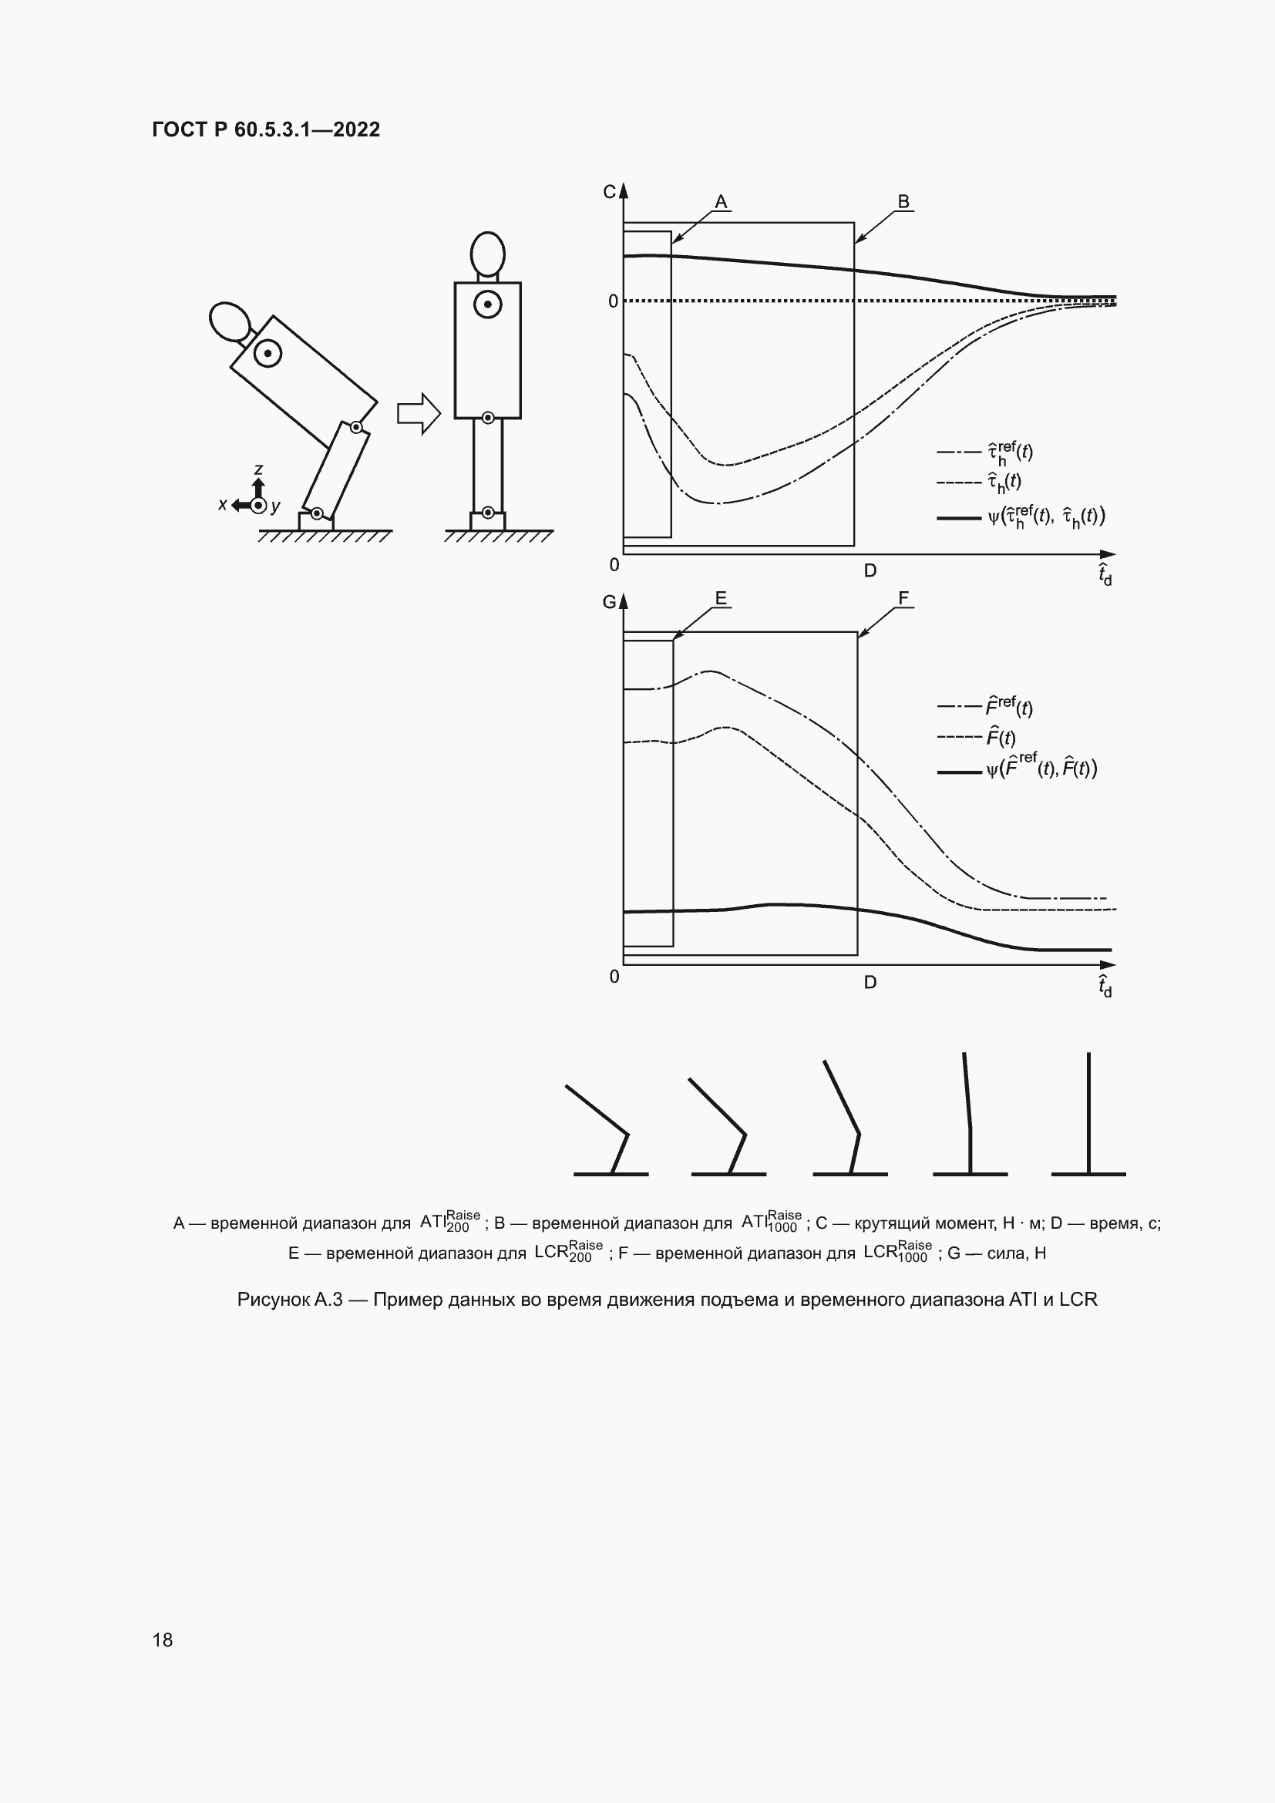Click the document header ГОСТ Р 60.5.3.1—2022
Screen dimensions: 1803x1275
tap(265, 130)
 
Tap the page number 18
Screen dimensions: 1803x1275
tap(163, 1639)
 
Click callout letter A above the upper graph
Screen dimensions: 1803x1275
tap(721, 202)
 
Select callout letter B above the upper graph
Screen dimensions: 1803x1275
tap(903, 202)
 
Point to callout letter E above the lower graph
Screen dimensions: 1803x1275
tap(721, 598)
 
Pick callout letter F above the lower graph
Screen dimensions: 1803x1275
tap(903, 598)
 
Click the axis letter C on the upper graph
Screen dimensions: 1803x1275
tap(609, 192)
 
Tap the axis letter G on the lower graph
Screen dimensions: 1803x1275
tap(609, 602)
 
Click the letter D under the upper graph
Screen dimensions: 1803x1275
tap(870, 571)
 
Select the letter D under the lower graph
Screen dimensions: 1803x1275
tap(870, 982)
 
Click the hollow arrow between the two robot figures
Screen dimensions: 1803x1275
tap(419, 413)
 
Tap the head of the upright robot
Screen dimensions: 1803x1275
tap(487, 253)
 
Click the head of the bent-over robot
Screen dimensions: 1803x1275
tap(229, 322)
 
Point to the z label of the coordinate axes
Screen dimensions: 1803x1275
tap(258, 469)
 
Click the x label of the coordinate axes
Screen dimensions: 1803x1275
tap(223, 505)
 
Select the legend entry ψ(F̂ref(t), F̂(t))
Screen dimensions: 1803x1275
tap(1041, 768)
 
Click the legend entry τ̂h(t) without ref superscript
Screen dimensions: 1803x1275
tap(1004, 482)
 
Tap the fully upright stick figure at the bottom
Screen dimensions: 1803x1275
tap(1088, 1115)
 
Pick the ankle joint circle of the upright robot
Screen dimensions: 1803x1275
tap(487, 513)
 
